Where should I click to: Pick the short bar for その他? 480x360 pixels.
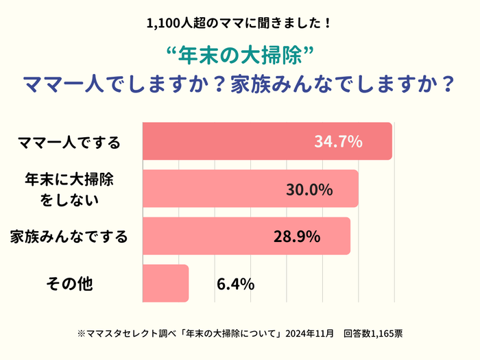coord(165,283)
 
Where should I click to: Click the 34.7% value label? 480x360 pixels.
coord(338,142)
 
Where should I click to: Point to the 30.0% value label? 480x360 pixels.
coord(309,189)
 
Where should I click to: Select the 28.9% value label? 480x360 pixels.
coord(297,237)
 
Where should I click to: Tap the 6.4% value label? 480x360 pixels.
coord(235,283)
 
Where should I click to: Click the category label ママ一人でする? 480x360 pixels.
coord(69,143)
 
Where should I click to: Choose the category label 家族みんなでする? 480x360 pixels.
coord(69,237)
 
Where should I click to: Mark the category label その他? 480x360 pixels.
coord(69,283)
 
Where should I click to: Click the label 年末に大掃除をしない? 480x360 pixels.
coord(69,190)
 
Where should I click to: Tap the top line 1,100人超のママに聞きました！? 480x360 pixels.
coord(240,23)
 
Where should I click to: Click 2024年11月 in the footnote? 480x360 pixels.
coord(310,334)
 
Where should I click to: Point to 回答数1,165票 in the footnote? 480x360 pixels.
coord(374,334)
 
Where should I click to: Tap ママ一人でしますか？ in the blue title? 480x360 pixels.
coord(125,84)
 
